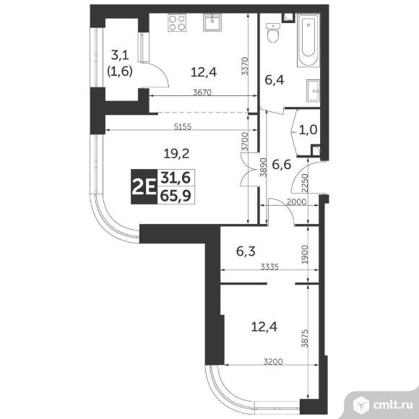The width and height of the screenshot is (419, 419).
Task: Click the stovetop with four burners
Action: click(177, 24)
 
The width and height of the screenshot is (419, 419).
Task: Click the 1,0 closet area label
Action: click(307, 130)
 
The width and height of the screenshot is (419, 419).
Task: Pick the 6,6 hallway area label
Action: click(282, 164)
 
